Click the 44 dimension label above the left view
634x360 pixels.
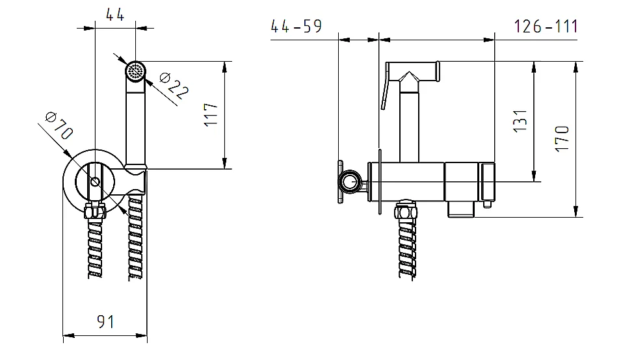pos(115,15)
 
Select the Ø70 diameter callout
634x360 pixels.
pos(59,125)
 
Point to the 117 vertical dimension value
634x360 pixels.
pos(211,115)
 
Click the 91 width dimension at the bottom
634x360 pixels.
pos(105,322)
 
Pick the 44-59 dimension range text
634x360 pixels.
pos(297,26)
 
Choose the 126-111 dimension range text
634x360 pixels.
pos(546,27)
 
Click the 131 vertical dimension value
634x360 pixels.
pos(520,120)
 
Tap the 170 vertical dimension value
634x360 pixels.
pos(562,138)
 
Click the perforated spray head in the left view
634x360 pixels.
pos(135,71)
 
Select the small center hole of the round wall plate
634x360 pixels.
pos(95,182)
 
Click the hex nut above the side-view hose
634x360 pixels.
pos(406,211)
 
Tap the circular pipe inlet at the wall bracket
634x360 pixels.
pos(350,181)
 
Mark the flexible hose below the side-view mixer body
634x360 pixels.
pos(406,249)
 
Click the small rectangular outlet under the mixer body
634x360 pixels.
pos(460,209)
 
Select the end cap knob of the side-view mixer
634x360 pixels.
pos(487,181)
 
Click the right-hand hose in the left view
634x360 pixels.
pos(135,237)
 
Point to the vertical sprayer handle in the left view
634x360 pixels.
pos(135,126)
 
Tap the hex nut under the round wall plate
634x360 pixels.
pos(95,211)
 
